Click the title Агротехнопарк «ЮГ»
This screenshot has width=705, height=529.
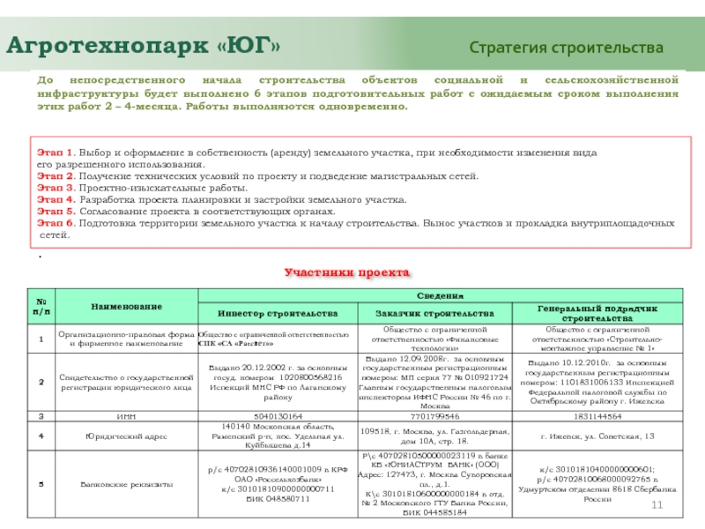pos(145,43)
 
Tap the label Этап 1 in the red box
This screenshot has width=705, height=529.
pos(55,153)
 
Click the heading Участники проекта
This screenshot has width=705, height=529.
pos(346,273)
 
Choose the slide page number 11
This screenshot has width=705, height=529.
pos(656,503)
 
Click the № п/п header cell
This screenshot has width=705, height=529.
pos(41,306)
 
